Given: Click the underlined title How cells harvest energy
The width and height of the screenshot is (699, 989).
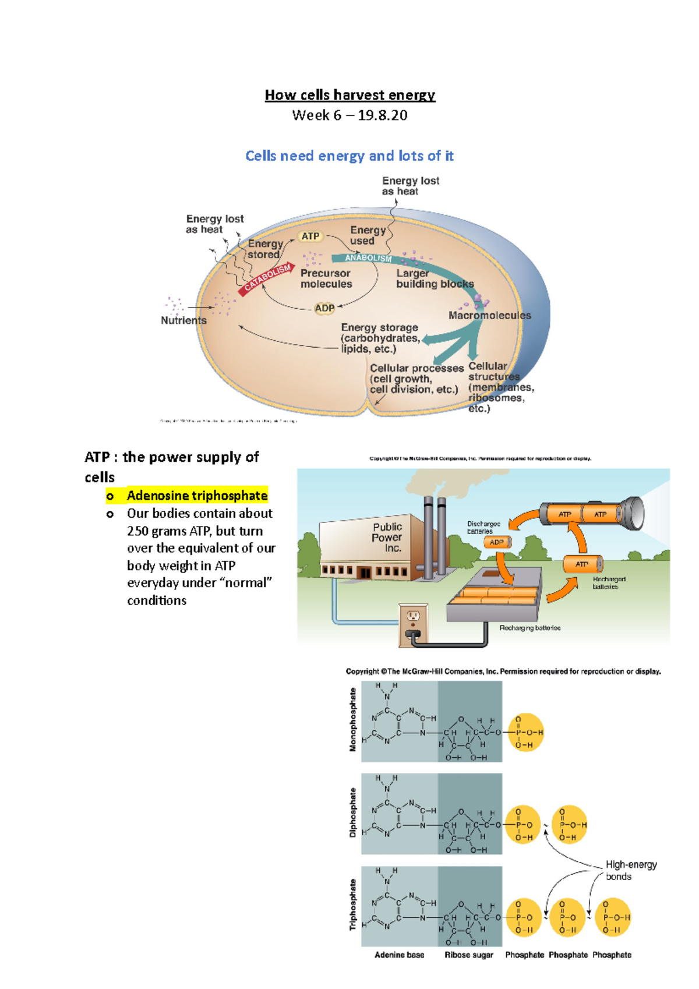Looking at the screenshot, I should coord(349,95).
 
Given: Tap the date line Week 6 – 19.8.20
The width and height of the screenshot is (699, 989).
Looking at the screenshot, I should coord(349,115).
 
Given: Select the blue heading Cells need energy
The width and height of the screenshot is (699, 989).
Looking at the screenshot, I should coord(349,156).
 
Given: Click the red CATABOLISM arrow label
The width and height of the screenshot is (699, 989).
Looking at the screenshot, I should coord(267,278).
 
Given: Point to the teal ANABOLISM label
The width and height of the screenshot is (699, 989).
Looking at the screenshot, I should coord(368,257).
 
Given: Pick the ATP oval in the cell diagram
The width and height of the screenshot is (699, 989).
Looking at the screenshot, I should coord(310,236).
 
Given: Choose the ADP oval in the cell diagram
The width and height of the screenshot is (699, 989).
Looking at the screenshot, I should coord(324,308).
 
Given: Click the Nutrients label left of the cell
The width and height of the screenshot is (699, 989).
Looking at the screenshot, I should coord(183,320).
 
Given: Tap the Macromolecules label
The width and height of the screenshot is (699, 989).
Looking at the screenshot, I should coord(489,315).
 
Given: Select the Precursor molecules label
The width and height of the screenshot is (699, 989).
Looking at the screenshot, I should coord(326,278).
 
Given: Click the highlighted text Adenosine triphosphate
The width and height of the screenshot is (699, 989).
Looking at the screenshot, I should coord(197,496).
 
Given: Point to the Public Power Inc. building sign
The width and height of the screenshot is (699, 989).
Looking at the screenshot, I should coord(387,537).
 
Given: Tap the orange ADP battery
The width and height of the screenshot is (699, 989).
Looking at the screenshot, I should coord(497,542).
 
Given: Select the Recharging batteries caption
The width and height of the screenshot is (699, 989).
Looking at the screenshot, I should coord(529,628).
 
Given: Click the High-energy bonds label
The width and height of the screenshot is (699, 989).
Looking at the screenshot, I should coord(630,871).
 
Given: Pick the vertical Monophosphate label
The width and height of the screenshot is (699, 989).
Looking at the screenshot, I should coord(352,720).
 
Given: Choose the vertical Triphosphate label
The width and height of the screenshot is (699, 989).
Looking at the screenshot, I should coord(352,905).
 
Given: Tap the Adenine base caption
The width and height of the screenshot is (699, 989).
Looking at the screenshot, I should coord(399,955).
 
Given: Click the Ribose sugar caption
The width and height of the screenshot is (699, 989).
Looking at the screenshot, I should coord(468,955).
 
